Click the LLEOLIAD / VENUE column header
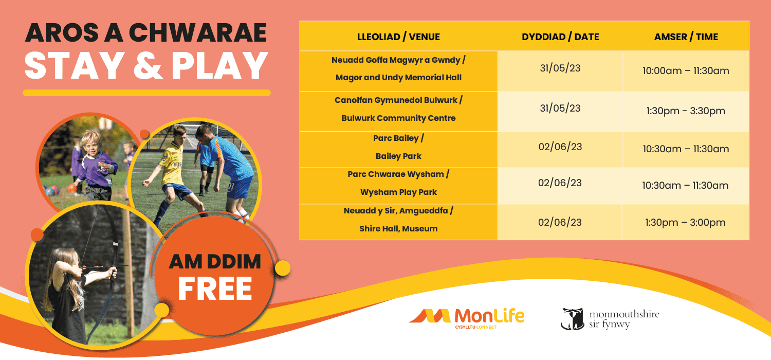click(398, 37)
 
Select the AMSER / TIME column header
click(686, 37)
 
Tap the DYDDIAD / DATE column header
click(560, 37)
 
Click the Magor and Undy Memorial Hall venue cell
click(398, 71)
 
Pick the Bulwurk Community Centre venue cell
click(398, 111)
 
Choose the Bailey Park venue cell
click(398, 150)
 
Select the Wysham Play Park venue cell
click(398, 186)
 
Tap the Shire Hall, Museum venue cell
click(398, 222)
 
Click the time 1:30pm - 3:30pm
click(686, 111)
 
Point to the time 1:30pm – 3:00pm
click(685, 223)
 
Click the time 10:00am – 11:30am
click(686, 71)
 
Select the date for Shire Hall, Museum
click(560, 223)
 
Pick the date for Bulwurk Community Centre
click(560, 109)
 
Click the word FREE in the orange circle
click(215, 289)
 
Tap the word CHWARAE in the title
click(198, 33)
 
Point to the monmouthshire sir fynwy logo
click(610, 319)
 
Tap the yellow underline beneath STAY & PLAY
click(146, 93)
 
